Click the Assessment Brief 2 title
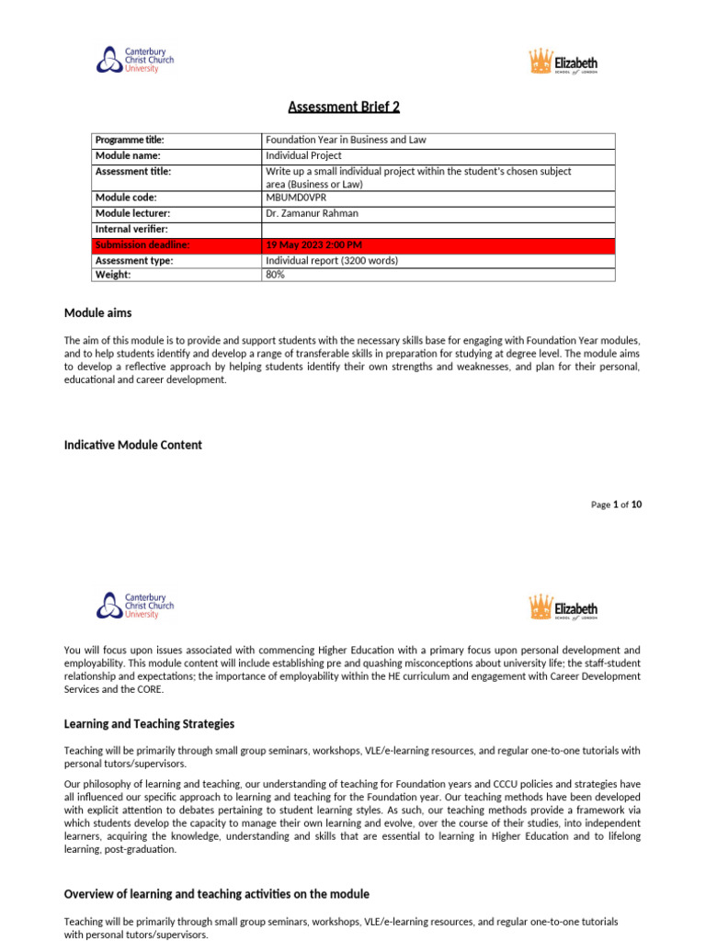(344, 107)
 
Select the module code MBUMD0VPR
(295, 198)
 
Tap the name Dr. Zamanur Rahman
(311, 213)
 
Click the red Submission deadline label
(142, 244)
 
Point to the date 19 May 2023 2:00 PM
(313, 244)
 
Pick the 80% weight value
(275, 275)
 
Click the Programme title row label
(130, 141)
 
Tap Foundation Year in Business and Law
(346, 141)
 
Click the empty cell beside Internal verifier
(438, 229)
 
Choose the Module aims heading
(97, 313)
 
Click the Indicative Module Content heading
(132, 445)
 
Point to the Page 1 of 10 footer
(616, 505)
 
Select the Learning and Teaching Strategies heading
(149, 724)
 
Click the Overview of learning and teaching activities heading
(216, 894)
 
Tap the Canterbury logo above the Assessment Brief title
(134, 61)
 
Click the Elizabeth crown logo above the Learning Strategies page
(563, 607)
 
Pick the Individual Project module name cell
(303, 155)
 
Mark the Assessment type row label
(134, 260)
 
